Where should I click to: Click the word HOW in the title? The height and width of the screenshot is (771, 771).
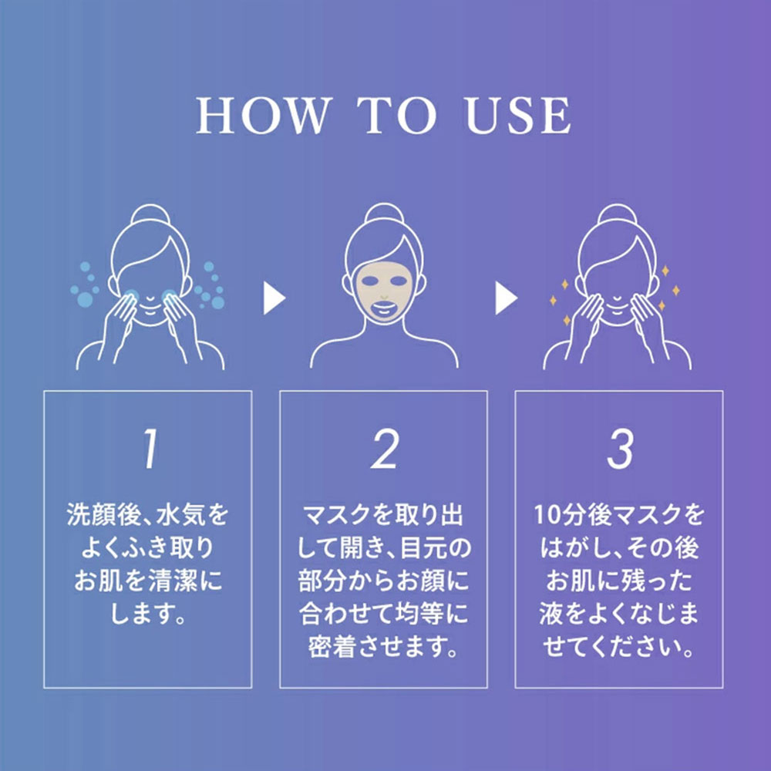(264, 116)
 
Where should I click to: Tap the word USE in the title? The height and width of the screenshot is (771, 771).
(518, 116)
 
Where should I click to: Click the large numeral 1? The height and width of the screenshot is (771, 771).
(151, 449)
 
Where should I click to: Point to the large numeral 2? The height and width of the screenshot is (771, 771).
(385, 449)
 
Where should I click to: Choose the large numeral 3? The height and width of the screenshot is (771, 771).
(620, 449)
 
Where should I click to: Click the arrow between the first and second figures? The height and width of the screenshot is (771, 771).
(274, 298)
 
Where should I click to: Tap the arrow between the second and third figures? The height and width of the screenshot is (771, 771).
(506, 298)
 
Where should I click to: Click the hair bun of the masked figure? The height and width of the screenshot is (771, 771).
(384, 215)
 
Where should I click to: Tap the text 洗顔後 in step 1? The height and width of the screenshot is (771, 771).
(99, 515)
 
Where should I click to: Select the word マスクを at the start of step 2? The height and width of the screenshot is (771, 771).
(343, 515)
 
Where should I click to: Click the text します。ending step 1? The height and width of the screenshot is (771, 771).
(148, 613)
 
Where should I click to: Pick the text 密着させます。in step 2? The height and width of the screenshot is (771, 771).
(383, 647)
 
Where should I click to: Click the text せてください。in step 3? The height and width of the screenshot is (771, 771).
(618, 647)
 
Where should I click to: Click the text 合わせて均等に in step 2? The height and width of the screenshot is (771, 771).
(383, 613)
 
